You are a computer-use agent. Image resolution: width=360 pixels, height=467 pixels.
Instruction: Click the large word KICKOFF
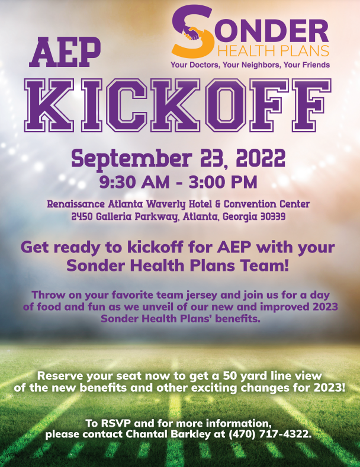click(x=178, y=105)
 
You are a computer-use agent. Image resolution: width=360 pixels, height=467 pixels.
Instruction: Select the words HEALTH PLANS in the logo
click(x=274, y=51)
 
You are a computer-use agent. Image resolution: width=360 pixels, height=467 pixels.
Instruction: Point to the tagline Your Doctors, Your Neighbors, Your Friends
click(x=250, y=65)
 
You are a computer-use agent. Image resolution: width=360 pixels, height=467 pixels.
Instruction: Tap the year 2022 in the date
click(x=261, y=158)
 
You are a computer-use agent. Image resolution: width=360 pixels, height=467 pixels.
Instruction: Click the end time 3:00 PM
click(x=223, y=183)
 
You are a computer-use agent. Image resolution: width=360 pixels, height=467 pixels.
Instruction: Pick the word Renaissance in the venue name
click(x=76, y=204)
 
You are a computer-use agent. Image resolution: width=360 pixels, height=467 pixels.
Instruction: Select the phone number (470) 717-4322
click(x=269, y=434)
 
